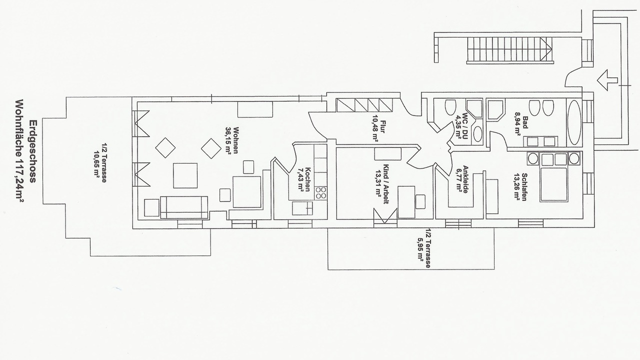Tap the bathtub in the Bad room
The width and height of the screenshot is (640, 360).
574,122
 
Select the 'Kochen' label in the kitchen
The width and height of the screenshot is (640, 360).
307,179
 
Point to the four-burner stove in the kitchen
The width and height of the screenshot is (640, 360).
321,192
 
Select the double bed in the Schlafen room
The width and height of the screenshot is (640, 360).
553,184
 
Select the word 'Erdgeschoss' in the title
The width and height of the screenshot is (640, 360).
33,151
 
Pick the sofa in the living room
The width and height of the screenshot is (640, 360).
184,207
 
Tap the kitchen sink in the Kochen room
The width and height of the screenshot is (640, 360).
302,208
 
